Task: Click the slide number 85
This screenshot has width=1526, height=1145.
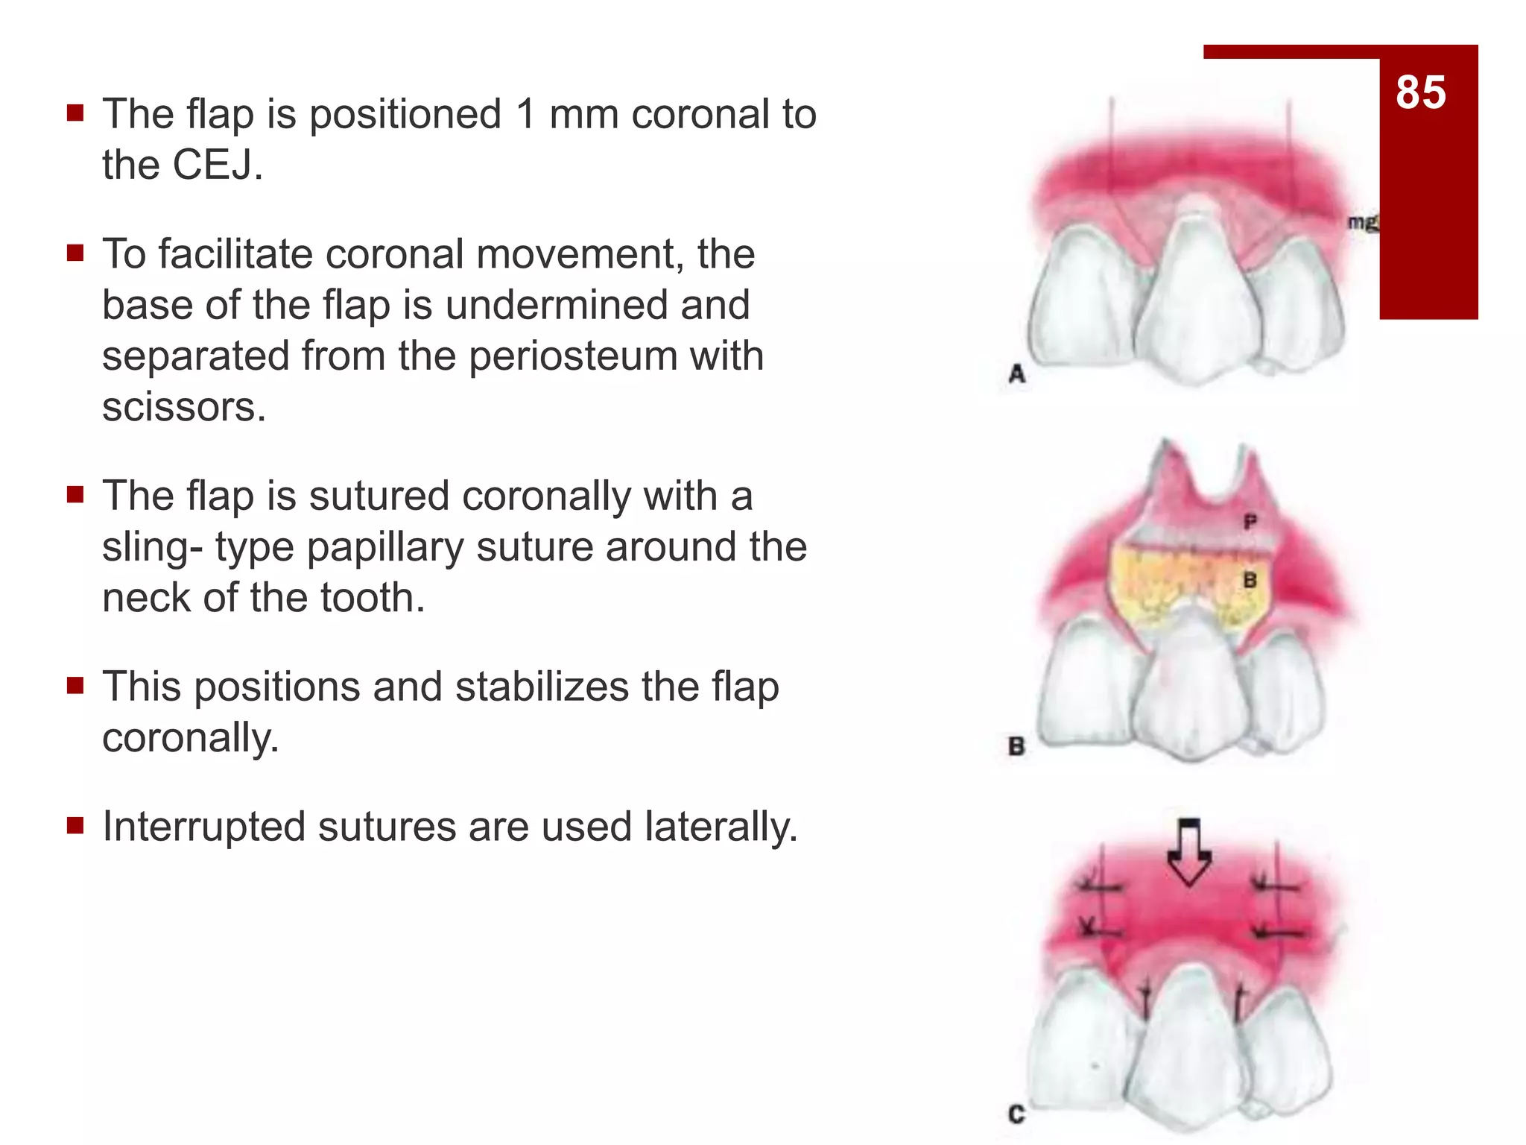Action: point(1420,92)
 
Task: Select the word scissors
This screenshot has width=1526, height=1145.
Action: point(183,407)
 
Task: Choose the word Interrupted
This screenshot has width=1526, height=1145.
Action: point(204,827)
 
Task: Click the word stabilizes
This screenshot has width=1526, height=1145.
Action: point(542,687)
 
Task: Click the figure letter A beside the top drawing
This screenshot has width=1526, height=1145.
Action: point(1017,373)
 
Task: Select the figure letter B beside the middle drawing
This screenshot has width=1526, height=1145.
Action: point(1016,745)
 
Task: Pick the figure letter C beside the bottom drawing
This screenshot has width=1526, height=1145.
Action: point(1016,1114)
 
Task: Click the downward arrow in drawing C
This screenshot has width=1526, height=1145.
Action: point(1188,852)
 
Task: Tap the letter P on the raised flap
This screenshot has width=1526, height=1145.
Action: point(1250,523)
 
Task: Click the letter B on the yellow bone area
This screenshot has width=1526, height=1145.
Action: point(1250,580)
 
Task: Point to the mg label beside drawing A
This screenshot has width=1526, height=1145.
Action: point(1362,222)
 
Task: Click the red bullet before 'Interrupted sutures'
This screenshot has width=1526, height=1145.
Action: point(75,825)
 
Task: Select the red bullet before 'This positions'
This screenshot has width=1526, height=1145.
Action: point(75,685)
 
